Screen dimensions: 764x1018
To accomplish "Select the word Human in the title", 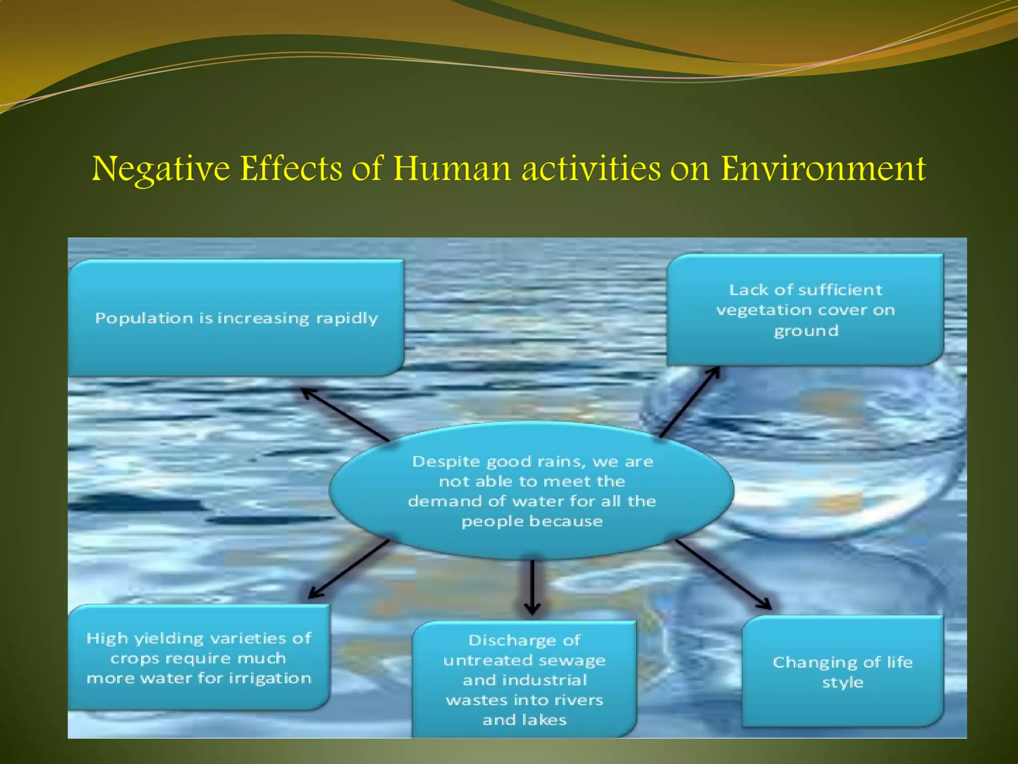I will (x=452, y=169).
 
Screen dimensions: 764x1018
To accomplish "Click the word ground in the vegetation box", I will (x=806, y=331).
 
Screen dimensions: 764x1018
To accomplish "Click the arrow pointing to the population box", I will (x=345, y=415).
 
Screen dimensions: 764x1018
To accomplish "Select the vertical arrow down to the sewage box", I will (x=532, y=587).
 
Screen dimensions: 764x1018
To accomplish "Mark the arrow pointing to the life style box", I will (x=723, y=574).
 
